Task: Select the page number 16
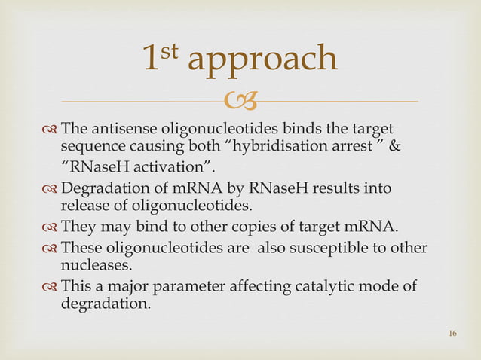click(x=452, y=334)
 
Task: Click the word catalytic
click(x=327, y=288)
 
